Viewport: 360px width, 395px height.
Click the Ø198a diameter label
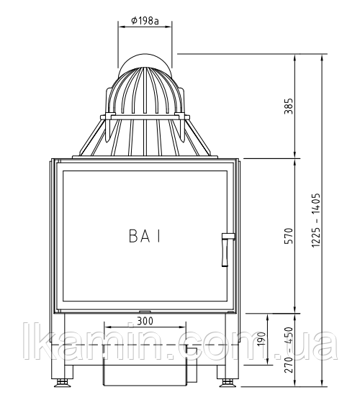click(145, 20)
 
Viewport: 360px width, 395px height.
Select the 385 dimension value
click(289, 106)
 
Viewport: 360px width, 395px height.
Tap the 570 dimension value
click(289, 235)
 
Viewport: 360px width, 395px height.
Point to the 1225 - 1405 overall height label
click(316, 219)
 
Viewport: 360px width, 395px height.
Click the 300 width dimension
click(145, 321)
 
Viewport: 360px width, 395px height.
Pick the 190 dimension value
click(261, 339)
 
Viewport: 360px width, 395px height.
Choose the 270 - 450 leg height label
click(289, 350)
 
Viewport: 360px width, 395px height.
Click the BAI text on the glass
click(145, 237)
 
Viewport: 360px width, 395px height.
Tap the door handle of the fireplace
click(226, 250)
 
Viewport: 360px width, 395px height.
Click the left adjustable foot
click(62, 382)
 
